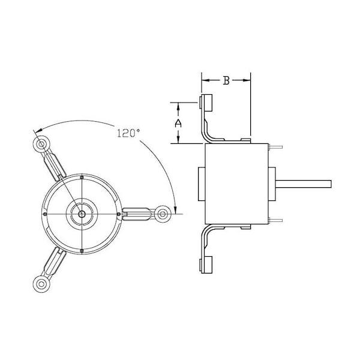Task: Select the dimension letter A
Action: click(x=178, y=122)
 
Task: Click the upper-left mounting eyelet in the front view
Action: click(x=41, y=144)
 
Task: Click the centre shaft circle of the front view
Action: click(x=81, y=213)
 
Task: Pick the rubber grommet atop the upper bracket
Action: click(x=207, y=104)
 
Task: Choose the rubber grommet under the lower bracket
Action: click(x=207, y=263)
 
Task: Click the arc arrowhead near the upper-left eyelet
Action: click(x=37, y=131)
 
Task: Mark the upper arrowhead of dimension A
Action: click(x=178, y=105)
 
